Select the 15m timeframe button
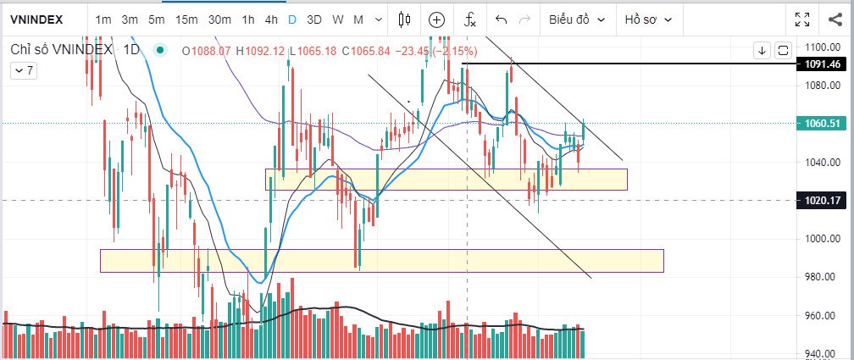click(186, 19)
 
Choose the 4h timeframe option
click(270, 19)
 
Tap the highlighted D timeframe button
click(291, 19)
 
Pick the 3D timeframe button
click(313, 19)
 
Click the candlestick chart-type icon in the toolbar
click(404, 19)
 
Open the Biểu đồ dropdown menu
click(577, 19)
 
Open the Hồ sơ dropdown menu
click(649, 19)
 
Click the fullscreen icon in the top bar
click(802, 19)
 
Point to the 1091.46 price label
click(823, 64)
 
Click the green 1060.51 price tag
click(823, 124)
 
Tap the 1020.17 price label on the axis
click(823, 201)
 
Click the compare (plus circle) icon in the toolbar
click(436, 19)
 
